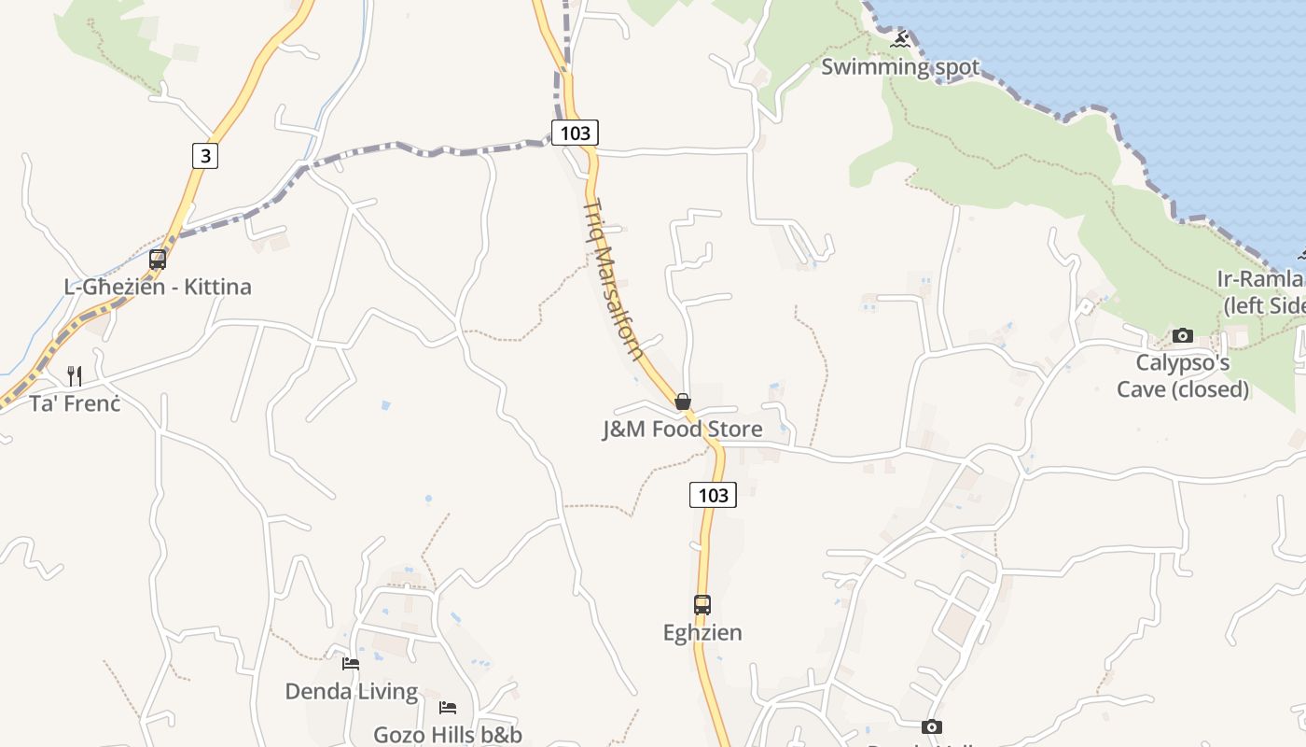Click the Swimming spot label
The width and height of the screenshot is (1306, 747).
(x=900, y=67)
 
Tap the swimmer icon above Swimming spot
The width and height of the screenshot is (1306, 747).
(x=900, y=40)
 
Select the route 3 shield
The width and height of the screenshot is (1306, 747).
(x=205, y=155)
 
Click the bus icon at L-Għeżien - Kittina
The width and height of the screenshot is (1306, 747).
(x=158, y=260)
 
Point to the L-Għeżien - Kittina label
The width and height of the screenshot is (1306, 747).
(x=158, y=287)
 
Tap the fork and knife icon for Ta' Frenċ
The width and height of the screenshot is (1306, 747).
(x=75, y=376)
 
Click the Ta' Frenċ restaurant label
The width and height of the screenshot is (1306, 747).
(x=75, y=403)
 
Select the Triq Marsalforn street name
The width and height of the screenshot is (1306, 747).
(x=614, y=280)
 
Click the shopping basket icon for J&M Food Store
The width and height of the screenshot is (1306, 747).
(x=683, y=402)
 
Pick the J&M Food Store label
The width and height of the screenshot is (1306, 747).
(x=683, y=430)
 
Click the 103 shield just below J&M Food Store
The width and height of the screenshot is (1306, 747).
(x=713, y=495)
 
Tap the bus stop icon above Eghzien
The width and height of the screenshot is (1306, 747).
(x=702, y=605)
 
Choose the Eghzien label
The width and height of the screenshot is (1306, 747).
(x=702, y=632)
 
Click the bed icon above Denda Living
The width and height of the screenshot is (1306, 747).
(x=351, y=664)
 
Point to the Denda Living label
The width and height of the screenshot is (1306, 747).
(x=351, y=692)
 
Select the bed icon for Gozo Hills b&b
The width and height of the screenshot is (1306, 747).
(x=448, y=708)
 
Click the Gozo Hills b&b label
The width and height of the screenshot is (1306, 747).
(x=448, y=735)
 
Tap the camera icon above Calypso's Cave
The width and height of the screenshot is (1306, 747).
(x=1183, y=335)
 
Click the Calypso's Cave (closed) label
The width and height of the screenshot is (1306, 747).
(x=1183, y=375)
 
